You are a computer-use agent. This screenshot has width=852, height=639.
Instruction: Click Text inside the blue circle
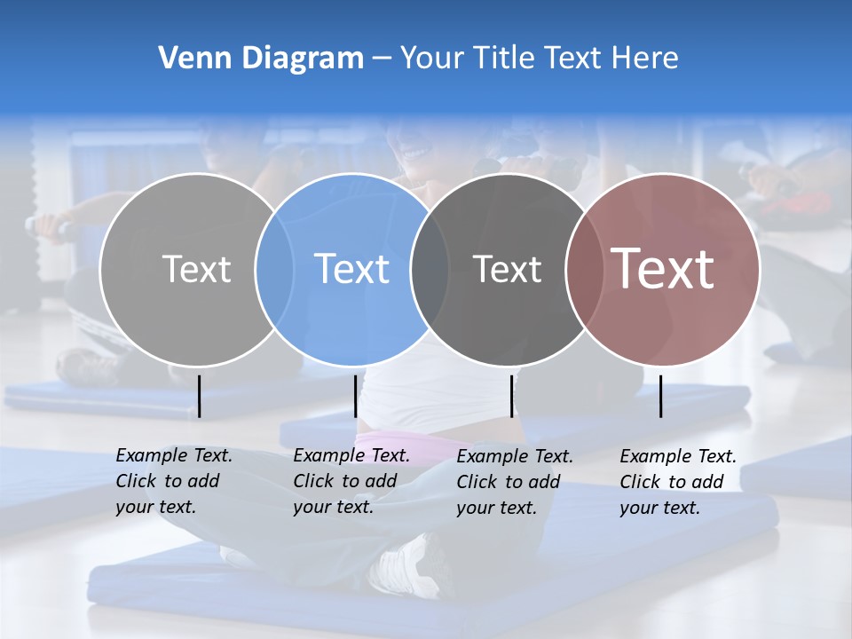click(352, 269)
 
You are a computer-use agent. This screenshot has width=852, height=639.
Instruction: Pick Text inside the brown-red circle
click(663, 268)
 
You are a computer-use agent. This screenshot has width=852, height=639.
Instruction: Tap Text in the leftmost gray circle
click(196, 269)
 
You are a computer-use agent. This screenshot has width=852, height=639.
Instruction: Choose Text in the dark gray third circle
click(507, 269)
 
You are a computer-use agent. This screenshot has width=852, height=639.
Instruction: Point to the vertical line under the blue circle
click(355, 396)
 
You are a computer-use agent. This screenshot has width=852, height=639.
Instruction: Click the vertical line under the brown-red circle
click(661, 396)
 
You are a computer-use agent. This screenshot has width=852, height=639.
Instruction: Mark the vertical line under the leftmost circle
click(200, 396)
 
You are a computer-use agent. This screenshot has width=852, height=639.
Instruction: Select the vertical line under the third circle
click(511, 396)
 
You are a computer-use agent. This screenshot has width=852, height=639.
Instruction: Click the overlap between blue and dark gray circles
click(430, 270)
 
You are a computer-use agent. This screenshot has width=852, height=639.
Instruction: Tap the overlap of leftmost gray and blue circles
click(274, 270)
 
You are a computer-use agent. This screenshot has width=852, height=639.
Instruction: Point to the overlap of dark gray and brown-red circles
click(583, 270)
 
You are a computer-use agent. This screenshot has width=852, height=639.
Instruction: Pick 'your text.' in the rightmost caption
click(659, 508)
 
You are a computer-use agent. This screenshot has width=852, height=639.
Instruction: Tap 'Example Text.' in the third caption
click(515, 456)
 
